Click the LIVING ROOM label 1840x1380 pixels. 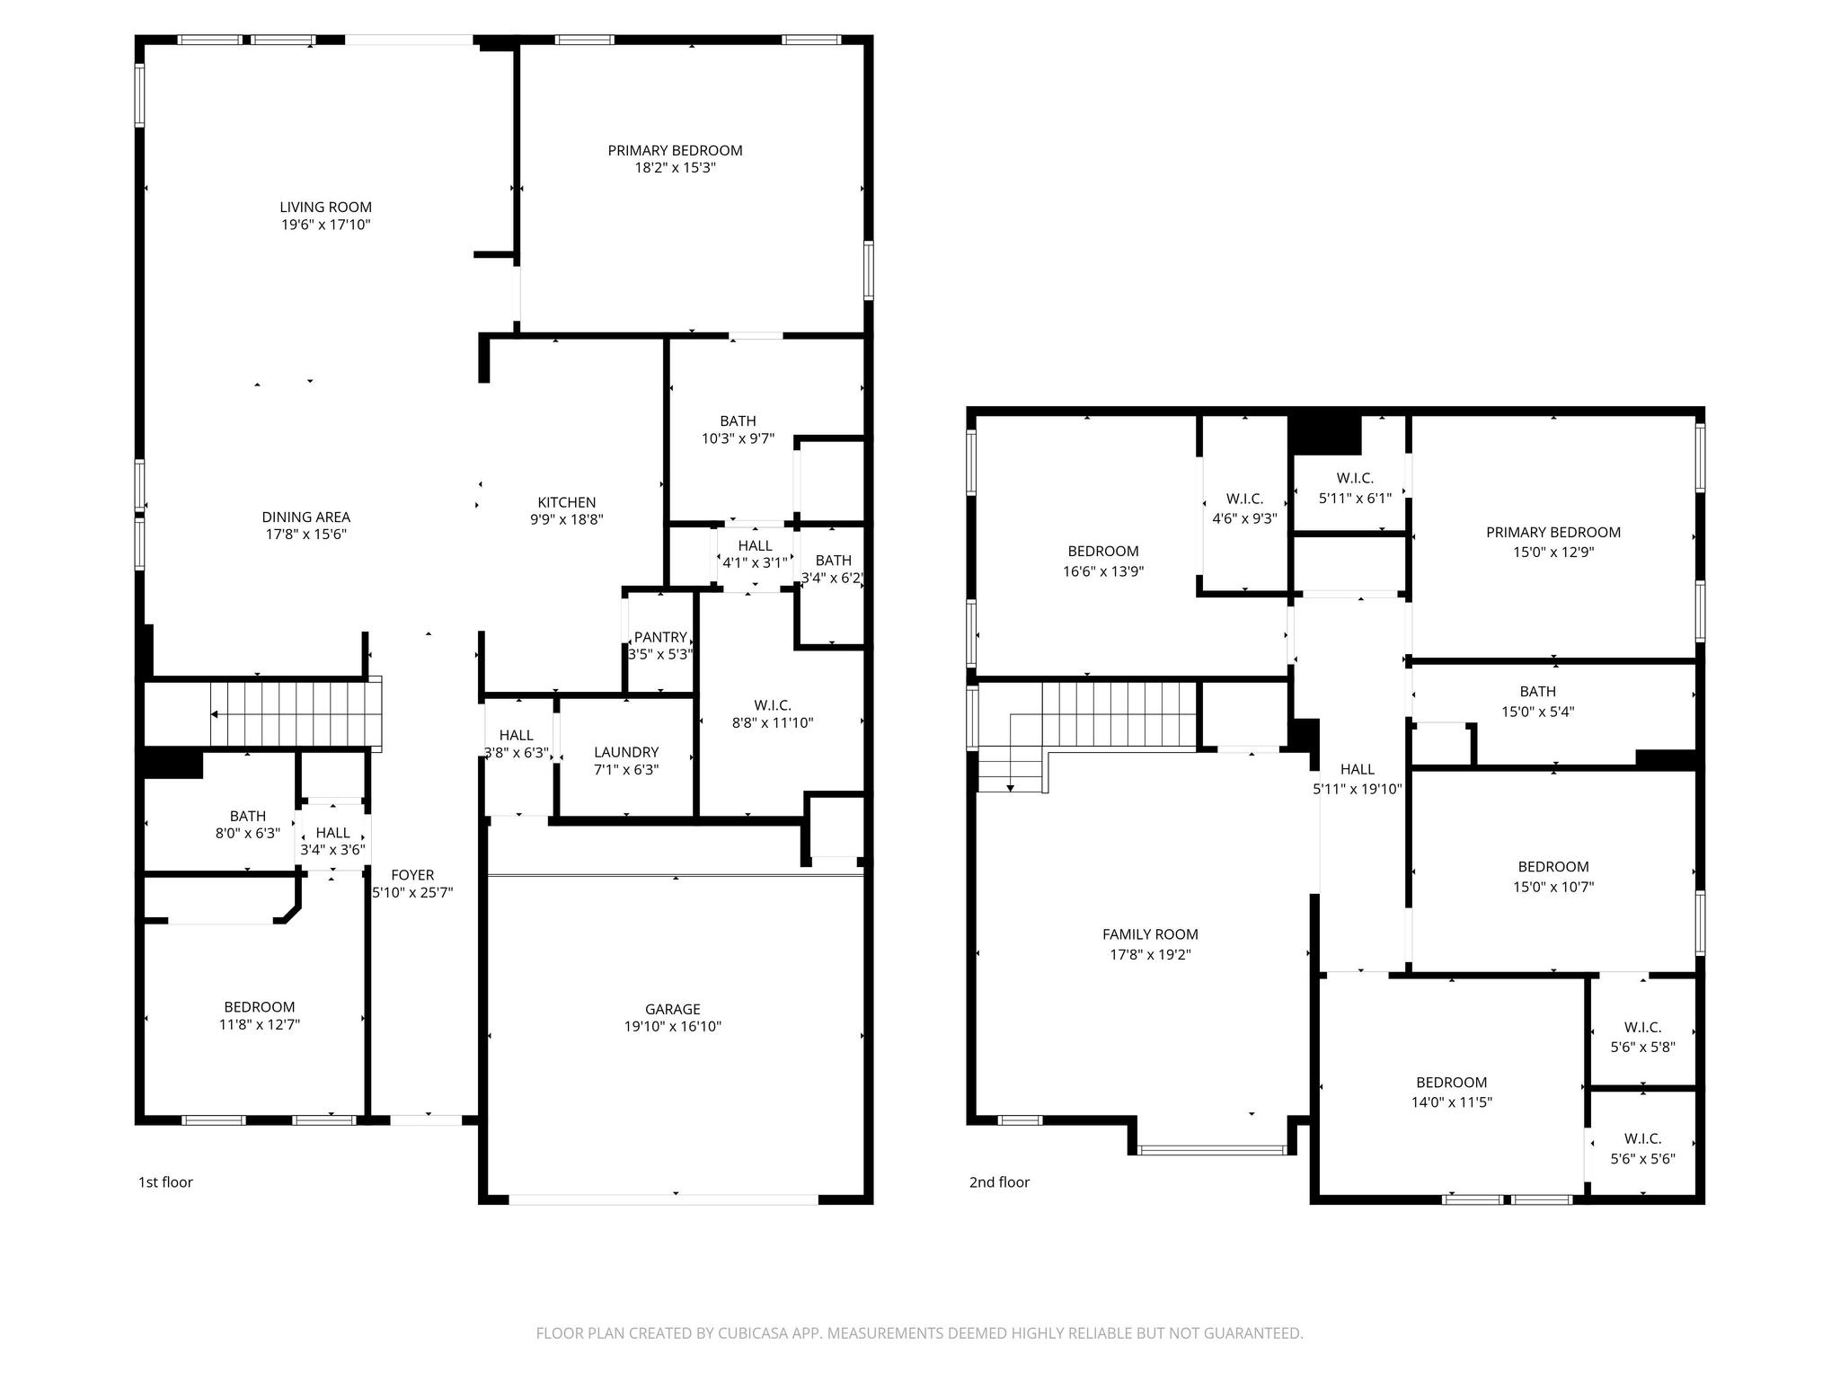click(325, 208)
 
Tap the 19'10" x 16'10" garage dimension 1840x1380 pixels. click(672, 1026)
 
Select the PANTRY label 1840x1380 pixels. click(660, 637)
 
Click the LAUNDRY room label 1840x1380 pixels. click(626, 752)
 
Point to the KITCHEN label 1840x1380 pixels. click(566, 502)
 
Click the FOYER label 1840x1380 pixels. click(412, 875)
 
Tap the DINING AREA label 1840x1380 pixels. click(305, 517)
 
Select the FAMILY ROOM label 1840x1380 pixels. click(1150, 934)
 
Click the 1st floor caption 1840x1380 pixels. click(165, 1182)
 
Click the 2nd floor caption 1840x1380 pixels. click(999, 1182)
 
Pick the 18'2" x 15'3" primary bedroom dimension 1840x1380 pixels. click(675, 168)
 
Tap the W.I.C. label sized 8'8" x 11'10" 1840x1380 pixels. click(772, 705)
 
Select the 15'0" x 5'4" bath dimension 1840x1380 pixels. click(1537, 712)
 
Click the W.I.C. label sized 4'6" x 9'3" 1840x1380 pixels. click(1244, 499)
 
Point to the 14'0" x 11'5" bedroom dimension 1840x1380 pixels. click(1451, 1102)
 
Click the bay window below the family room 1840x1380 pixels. click(1212, 1149)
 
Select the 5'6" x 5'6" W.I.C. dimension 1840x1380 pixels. click(1642, 1159)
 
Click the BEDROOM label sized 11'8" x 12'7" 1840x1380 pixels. click(259, 1007)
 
